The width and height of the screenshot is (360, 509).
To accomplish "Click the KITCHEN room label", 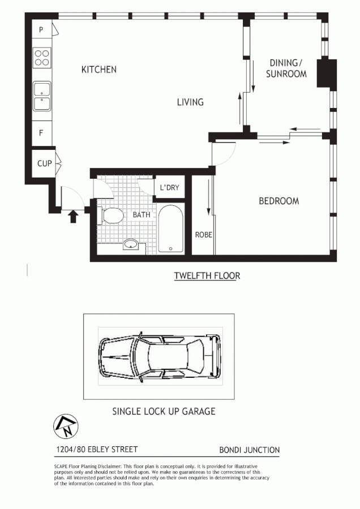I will coord(99,70).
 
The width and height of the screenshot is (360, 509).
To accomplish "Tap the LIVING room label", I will coord(190,102).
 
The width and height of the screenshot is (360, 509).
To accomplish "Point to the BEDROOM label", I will coord(278,201).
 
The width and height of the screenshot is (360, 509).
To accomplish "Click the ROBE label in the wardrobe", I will coord(203,235).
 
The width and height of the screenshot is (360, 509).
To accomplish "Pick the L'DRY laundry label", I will coord(169,188).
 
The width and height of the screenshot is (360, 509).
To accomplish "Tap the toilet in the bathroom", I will coord(112,215).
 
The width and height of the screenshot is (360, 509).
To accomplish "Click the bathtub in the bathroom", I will coord(170,229).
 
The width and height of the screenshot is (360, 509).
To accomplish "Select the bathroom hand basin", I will coord(131,244).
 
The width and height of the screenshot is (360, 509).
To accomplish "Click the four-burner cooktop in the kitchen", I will coord(42,58).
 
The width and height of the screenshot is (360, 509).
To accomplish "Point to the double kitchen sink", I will coord(42,96).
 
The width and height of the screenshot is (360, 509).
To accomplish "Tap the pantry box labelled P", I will coord(41,29).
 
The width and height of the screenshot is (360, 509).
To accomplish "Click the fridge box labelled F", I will coord(41,133).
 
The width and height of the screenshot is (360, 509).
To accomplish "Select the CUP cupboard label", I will coord(44,163).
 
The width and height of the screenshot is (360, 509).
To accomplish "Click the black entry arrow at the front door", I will coord(72,216).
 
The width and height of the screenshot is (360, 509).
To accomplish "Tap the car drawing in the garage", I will coord(160,357).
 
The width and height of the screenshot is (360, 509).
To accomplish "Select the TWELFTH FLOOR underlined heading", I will coord(207,276).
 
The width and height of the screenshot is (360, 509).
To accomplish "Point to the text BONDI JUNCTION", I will coord(249,450).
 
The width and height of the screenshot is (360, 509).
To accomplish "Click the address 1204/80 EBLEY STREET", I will coord(96,450).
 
